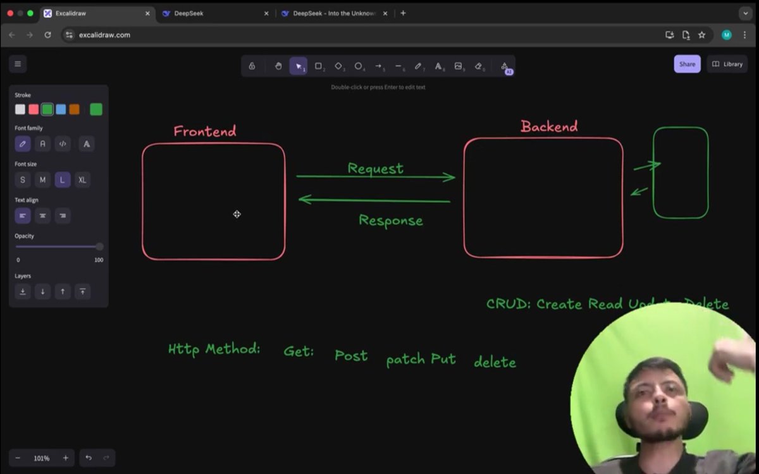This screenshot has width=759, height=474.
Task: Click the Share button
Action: (687, 64)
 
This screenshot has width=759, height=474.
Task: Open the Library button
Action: (727, 64)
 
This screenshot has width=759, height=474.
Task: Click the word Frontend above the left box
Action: (205, 131)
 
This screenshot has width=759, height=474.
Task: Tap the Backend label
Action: (549, 126)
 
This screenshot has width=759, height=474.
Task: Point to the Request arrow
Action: (376, 177)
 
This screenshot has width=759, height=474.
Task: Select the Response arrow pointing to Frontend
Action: (374, 200)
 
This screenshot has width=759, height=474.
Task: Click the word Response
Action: (391, 221)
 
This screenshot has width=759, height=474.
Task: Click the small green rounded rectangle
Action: (681, 173)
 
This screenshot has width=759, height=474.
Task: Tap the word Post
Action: (351, 356)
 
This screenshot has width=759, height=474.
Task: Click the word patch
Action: (405, 360)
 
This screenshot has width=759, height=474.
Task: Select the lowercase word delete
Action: (495, 362)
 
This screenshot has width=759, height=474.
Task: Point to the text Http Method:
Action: (214, 349)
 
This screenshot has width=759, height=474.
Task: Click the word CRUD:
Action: (508, 304)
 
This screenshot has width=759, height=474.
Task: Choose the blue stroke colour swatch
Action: (61, 109)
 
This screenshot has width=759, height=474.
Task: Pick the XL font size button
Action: (82, 180)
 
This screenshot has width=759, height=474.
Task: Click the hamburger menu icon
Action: (18, 64)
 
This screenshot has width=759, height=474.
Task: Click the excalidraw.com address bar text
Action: (104, 35)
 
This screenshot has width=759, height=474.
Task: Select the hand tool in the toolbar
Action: (278, 66)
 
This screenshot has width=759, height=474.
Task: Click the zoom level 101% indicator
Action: (42, 458)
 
